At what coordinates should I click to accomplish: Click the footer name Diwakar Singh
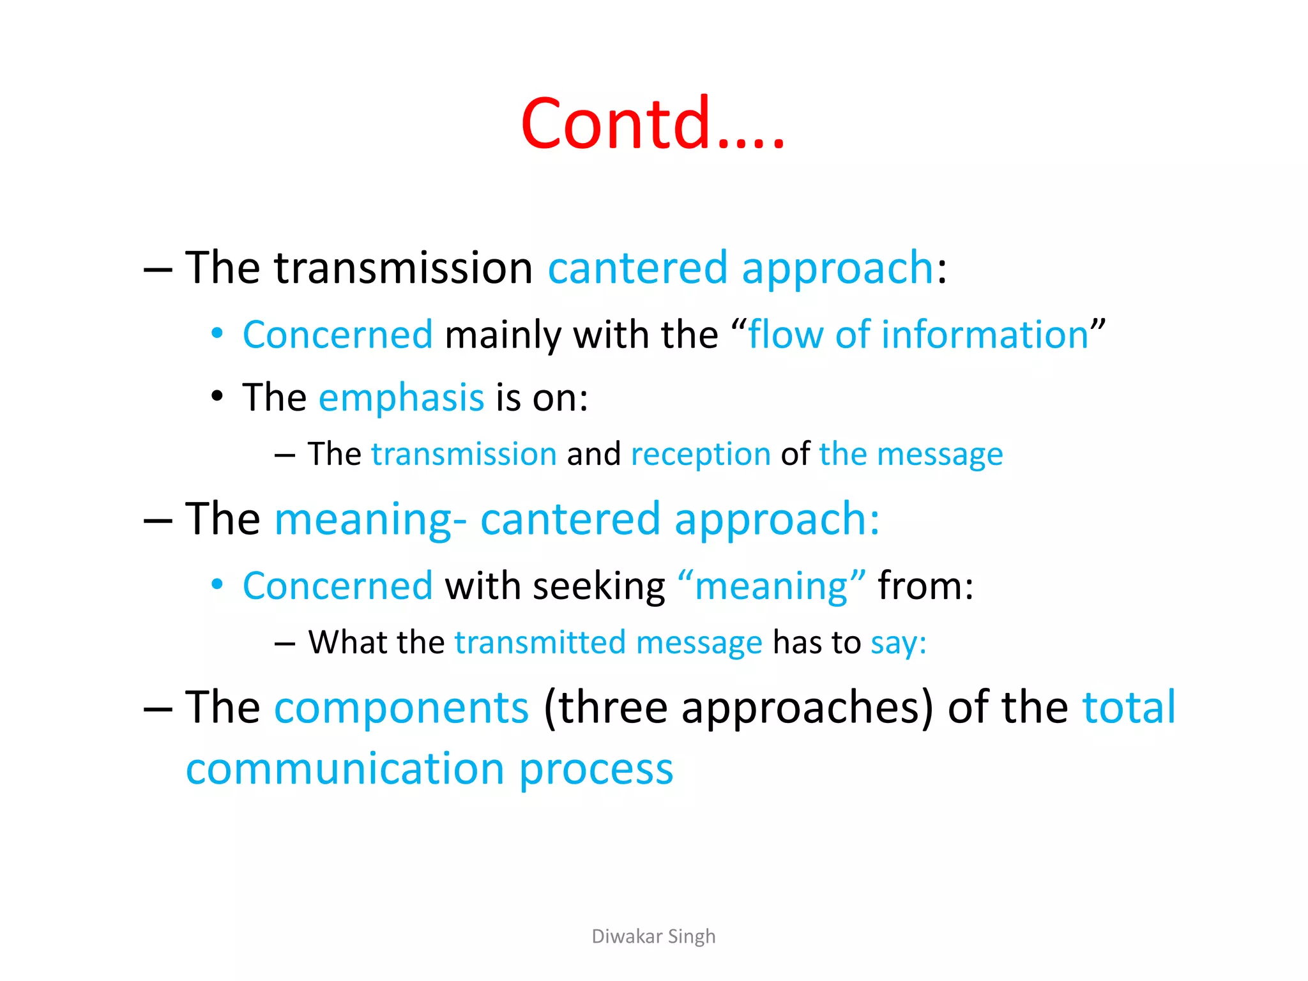[653, 936]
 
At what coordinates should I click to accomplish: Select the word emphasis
[401, 398]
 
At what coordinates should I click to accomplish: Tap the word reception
[701, 455]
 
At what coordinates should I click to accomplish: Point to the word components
[401, 708]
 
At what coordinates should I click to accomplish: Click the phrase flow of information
[918, 335]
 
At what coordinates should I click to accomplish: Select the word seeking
[598, 586]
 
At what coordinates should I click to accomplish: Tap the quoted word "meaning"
[772, 586]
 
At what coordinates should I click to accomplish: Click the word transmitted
[540, 643]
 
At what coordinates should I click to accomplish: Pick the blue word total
[1129, 707]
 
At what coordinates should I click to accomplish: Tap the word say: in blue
[898, 643]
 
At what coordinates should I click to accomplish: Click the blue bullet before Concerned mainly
[217, 333]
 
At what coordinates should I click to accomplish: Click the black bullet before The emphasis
[217, 397]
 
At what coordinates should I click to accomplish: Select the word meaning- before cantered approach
[370, 519]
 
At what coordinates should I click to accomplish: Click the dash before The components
[158, 710]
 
